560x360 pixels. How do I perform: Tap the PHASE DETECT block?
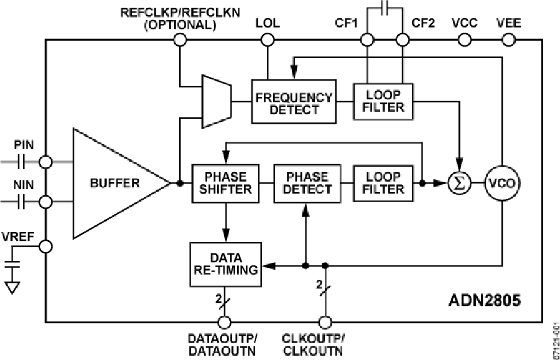(307, 183)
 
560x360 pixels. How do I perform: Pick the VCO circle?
(502, 183)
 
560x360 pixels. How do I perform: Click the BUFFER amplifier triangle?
(115, 183)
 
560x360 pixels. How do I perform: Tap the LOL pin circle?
(268, 40)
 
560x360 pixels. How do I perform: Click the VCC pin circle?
(464, 40)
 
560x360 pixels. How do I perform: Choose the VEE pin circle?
(508, 40)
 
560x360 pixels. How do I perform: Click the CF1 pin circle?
(367, 40)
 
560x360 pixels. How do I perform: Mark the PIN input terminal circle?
(45, 162)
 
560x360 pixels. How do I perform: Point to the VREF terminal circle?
(45, 247)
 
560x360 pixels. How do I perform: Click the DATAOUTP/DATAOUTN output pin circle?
(224, 322)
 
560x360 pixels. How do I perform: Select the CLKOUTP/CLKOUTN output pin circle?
(324, 322)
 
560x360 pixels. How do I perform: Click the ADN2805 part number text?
(484, 301)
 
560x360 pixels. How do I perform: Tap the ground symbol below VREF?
(12, 286)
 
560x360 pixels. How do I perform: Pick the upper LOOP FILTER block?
(384, 101)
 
